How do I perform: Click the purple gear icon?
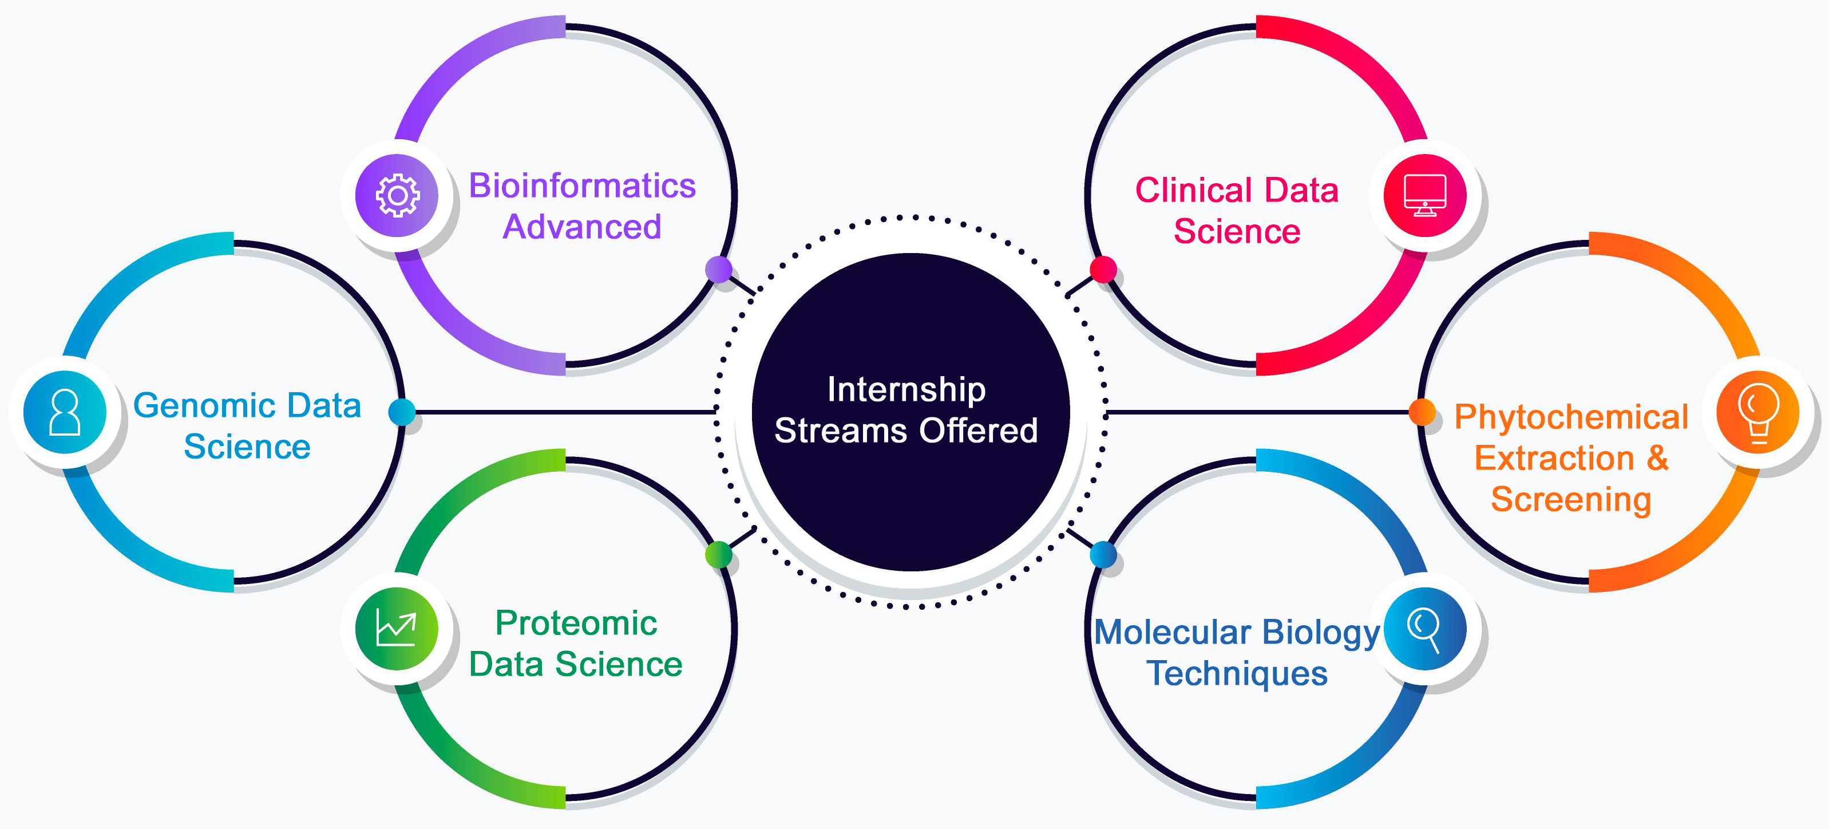click(x=397, y=195)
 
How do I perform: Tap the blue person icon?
click(x=65, y=412)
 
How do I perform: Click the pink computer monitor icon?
click(x=1424, y=195)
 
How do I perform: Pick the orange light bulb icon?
click(x=1757, y=412)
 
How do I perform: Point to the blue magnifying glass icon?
click(x=1424, y=629)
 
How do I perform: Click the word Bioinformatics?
click(x=582, y=186)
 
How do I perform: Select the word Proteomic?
click(x=576, y=623)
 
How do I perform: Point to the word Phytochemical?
click(x=1570, y=417)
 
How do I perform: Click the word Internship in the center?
click(x=906, y=389)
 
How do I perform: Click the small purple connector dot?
click(x=719, y=270)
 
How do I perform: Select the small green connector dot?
click(x=719, y=554)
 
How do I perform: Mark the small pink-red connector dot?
click(x=1103, y=270)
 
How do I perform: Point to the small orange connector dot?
click(x=1422, y=412)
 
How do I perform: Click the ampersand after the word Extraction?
click(x=1657, y=457)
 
